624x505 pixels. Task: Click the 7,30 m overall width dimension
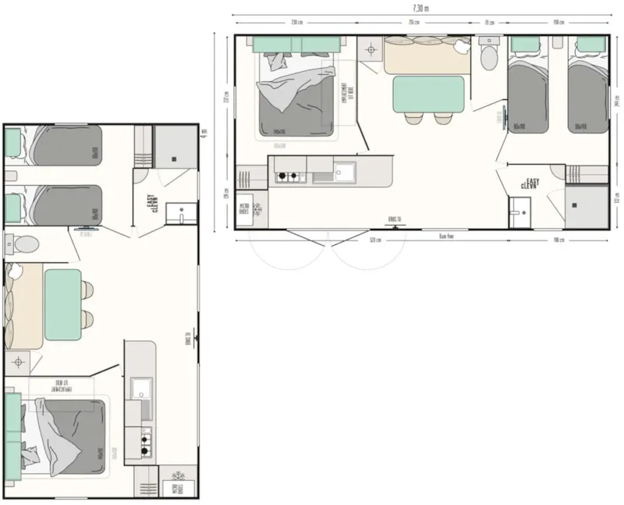click(x=420, y=7)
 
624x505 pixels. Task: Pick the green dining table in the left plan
click(x=63, y=304)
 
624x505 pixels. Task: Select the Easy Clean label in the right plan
click(x=534, y=185)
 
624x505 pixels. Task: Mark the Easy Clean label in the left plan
click(x=153, y=204)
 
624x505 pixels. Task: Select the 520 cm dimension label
click(x=375, y=240)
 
